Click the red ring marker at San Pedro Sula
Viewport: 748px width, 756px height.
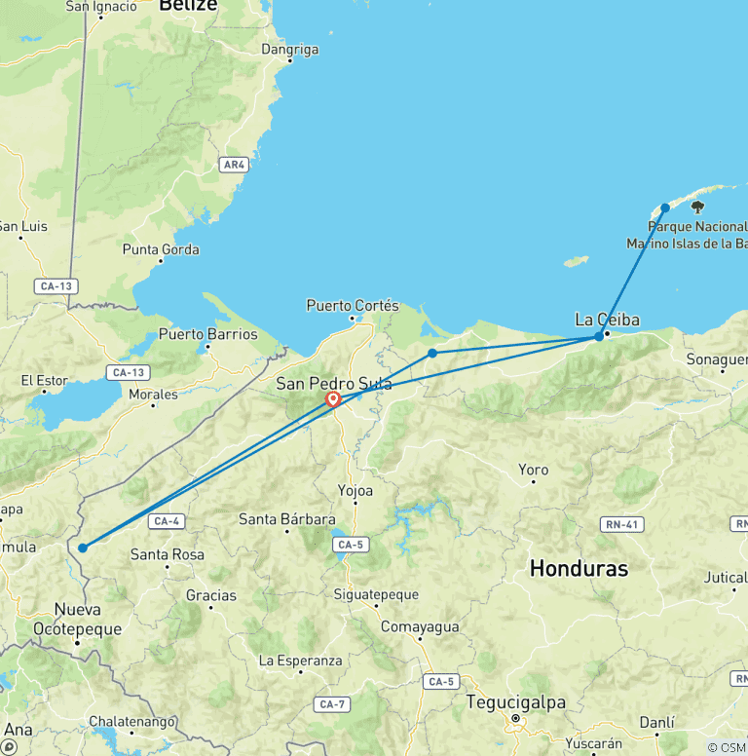[333, 398]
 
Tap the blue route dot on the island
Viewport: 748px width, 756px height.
[665, 208]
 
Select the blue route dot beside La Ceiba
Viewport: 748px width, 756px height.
[599, 336]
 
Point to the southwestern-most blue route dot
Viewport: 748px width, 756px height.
[83, 548]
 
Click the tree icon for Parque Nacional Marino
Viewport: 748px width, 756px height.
[697, 207]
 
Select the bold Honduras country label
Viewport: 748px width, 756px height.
[579, 568]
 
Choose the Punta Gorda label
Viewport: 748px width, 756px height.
[161, 249]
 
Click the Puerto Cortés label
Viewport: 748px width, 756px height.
[353, 305]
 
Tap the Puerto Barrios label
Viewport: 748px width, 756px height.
[208, 334]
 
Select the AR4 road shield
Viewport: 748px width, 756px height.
[233, 165]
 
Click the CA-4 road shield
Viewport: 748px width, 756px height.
[165, 521]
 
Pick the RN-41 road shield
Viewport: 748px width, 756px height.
[622, 525]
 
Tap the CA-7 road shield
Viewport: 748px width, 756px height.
[333, 703]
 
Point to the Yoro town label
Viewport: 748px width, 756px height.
[533, 470]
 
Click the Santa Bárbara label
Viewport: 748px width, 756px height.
[287, 519]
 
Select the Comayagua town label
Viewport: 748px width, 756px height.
[419, 626]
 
